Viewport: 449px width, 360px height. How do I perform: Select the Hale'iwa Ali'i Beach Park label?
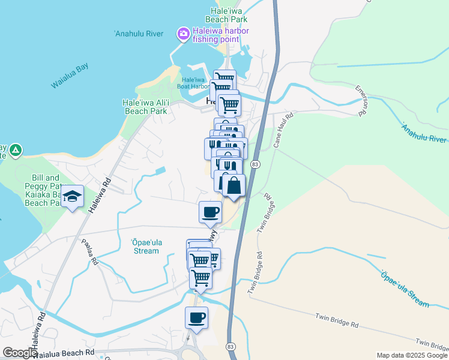[145, 107]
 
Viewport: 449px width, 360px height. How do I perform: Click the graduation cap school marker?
[73, 197]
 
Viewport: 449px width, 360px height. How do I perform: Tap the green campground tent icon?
[16, 149]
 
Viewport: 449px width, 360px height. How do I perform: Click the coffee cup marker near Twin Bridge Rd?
[210, 212]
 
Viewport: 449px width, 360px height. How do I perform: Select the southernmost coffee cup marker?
[196, 317]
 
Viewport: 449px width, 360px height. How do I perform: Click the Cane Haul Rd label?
[282, 130]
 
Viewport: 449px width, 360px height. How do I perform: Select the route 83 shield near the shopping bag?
[256, 164]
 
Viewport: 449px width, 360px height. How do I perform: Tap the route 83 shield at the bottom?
[231, 347]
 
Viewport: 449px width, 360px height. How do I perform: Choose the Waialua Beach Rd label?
[64, 353]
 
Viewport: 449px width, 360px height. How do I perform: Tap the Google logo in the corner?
[20, 353]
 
